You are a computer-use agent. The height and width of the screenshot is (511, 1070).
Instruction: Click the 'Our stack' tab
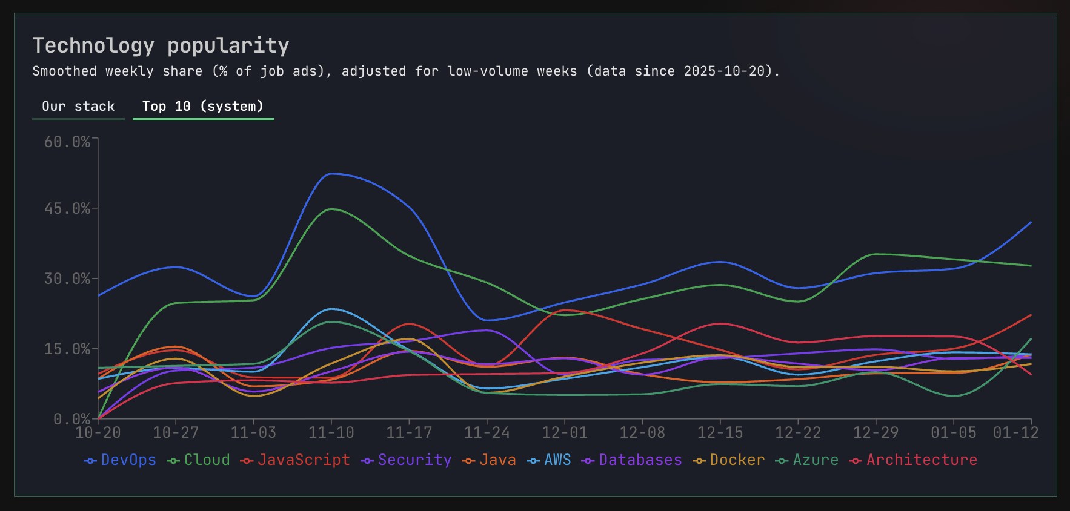[78, 107]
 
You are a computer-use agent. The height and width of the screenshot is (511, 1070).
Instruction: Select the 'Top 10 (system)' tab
[203, 107]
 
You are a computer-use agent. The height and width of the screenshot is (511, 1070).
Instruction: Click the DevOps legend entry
[120, 460]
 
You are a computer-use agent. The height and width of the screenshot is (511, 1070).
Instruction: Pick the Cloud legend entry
[199, 460]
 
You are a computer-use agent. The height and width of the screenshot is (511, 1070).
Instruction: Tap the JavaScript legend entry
[295, 460]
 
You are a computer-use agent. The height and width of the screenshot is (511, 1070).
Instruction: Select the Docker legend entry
[729, 460]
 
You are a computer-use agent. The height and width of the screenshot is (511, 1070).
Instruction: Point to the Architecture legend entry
[913, 460]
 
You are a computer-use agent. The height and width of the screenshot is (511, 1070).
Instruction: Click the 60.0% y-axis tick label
[67, 142]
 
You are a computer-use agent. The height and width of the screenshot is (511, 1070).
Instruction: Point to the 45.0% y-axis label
[67, 209]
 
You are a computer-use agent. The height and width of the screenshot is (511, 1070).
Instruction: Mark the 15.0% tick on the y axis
[67, 349]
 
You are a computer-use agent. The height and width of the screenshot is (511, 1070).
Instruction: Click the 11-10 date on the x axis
[331, 432]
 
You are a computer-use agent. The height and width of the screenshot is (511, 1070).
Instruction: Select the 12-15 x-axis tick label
[720, 432]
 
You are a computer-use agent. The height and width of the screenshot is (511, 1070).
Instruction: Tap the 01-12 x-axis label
[1015, 432]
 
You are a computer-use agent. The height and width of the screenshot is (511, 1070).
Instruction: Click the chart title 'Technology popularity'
[161, 45]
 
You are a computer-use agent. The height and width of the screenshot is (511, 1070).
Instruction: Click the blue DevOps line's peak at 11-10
[331, 174]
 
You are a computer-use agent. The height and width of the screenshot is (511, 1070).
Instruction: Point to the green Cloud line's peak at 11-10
[332, 209]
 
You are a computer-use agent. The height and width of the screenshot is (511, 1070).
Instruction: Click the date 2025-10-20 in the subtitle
[724, 71]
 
